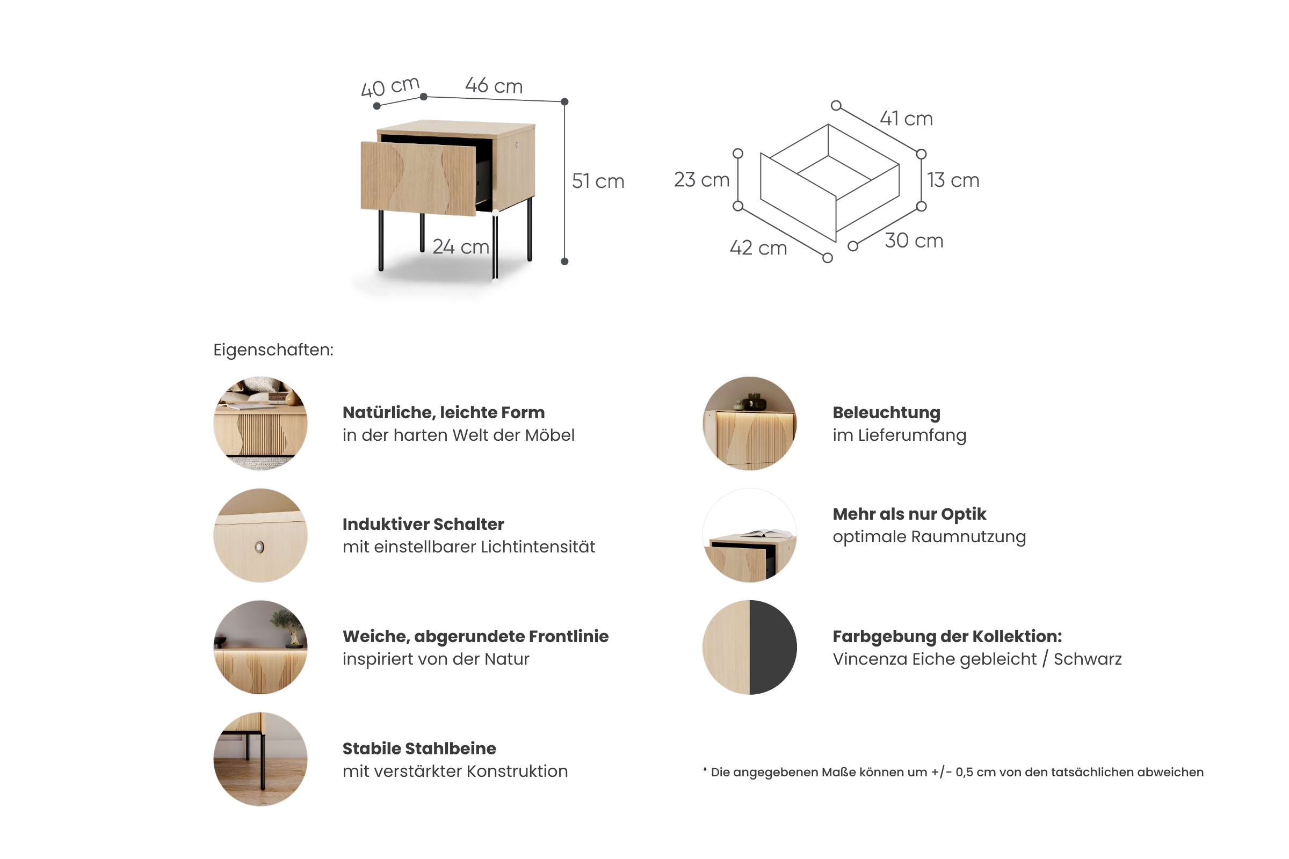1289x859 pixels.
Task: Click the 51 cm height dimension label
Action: (x=598, y=181)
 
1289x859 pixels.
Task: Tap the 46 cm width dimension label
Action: (x=494, y=85)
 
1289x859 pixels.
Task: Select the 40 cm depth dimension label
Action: (x=390, y=86)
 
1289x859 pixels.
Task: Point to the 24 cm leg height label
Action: (x=460, y=247)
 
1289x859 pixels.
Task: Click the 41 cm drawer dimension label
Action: (x=907, y=118)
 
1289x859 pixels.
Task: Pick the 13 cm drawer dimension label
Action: (x=953, y=180)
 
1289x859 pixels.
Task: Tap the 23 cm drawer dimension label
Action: (x=701, y=180)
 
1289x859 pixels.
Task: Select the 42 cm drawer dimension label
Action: (x=758, y=247)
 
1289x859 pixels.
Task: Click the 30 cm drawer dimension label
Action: (x=914, y=241)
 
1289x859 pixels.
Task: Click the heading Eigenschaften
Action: (x=273, y=350)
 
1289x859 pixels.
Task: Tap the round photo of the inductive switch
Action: (x=260, y=535)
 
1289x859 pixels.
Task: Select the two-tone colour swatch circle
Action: (x=750, y=647)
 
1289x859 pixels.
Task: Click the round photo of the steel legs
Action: (x=260, y=759)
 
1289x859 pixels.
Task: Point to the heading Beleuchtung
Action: (x=886, y=412)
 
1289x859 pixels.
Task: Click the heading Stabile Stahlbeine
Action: (x=419, y=748)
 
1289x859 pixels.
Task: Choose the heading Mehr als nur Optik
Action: (x=909, y=514)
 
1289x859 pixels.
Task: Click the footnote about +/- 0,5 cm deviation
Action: (x=953, y=772)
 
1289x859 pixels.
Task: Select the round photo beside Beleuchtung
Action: (x=750, y=423)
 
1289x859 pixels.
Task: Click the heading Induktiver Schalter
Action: (x=423, y=525)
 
